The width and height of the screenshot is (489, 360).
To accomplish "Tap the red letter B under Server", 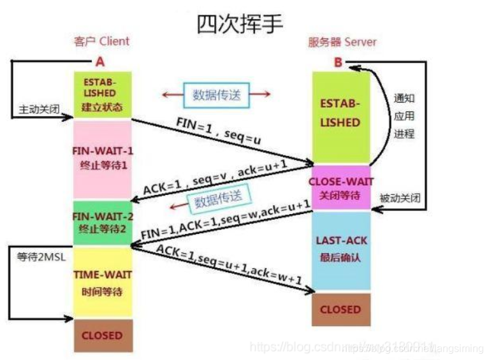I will coord(339,62).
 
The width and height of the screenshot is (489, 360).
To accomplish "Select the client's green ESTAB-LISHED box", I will coord(103,95).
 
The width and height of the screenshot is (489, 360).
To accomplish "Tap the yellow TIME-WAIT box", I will coord(103,280).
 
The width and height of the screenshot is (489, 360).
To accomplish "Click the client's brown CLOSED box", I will coord(103,335).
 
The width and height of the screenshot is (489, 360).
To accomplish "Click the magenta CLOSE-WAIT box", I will coord(340,187).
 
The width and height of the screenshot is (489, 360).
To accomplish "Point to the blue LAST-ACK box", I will coord(340,248).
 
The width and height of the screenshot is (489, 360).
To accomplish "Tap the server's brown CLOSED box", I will coord(340,309).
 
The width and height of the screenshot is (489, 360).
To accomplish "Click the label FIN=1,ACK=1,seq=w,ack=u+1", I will coord(224,219).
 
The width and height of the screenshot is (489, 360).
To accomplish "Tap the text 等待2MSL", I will coord(39,257).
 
